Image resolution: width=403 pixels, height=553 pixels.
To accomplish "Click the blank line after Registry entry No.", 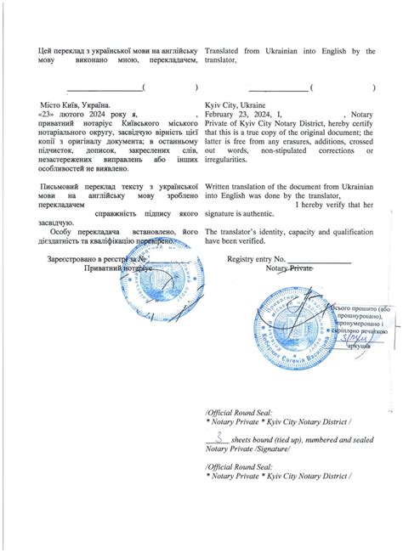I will pyautogui.click(x=319, y=260).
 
